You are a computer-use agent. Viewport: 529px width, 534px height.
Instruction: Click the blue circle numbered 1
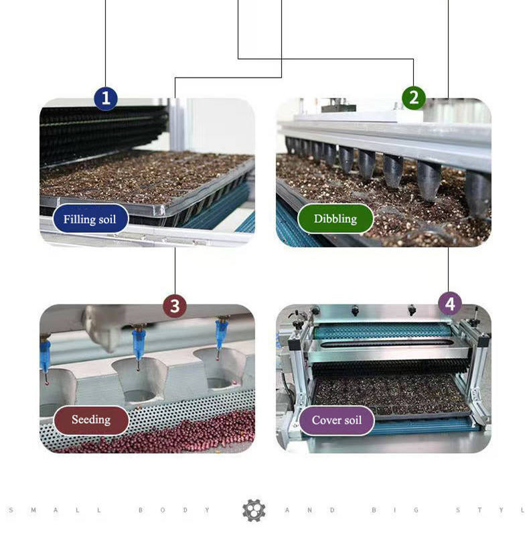point(106,98)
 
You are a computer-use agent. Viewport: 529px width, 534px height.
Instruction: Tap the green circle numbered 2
point(413,98)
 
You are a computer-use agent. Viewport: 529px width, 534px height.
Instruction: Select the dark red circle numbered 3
point(175,306)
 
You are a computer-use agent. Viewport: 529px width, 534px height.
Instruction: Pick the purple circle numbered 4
point(450,304)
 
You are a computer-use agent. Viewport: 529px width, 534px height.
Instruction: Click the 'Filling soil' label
point(90,219)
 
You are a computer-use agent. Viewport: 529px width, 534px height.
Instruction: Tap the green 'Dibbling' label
point(335,219)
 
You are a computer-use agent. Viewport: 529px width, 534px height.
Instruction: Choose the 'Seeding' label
point(91,420)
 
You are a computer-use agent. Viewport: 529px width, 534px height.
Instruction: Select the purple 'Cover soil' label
point(337,420)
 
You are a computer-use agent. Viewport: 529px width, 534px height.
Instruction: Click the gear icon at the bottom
point(254,510)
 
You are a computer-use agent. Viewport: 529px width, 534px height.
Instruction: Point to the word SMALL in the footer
point(55,510)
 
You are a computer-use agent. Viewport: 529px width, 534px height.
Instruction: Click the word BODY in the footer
point(174,510)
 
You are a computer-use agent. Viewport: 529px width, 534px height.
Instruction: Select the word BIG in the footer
point(395,510)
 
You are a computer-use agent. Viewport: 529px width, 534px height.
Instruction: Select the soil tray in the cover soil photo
point(392,395)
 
